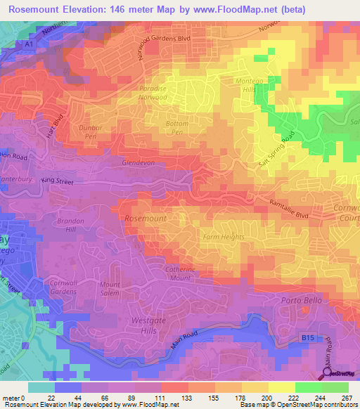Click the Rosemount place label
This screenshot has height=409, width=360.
pos(145,219)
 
